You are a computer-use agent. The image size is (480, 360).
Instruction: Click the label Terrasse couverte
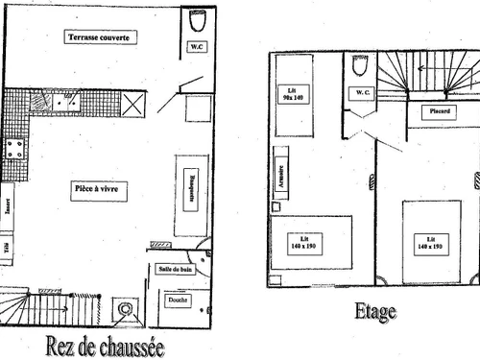[x=101, y=37]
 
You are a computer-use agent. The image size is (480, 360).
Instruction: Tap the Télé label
[x=7, y=252]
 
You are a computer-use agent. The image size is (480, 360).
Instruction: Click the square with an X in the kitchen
[x=132, y=103]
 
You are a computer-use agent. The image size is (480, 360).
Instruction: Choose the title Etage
[x=375, y=312]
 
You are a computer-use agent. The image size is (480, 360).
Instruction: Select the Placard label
[x=442, y=110]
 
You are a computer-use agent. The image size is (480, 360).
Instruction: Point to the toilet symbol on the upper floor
[x=360, y=66]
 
